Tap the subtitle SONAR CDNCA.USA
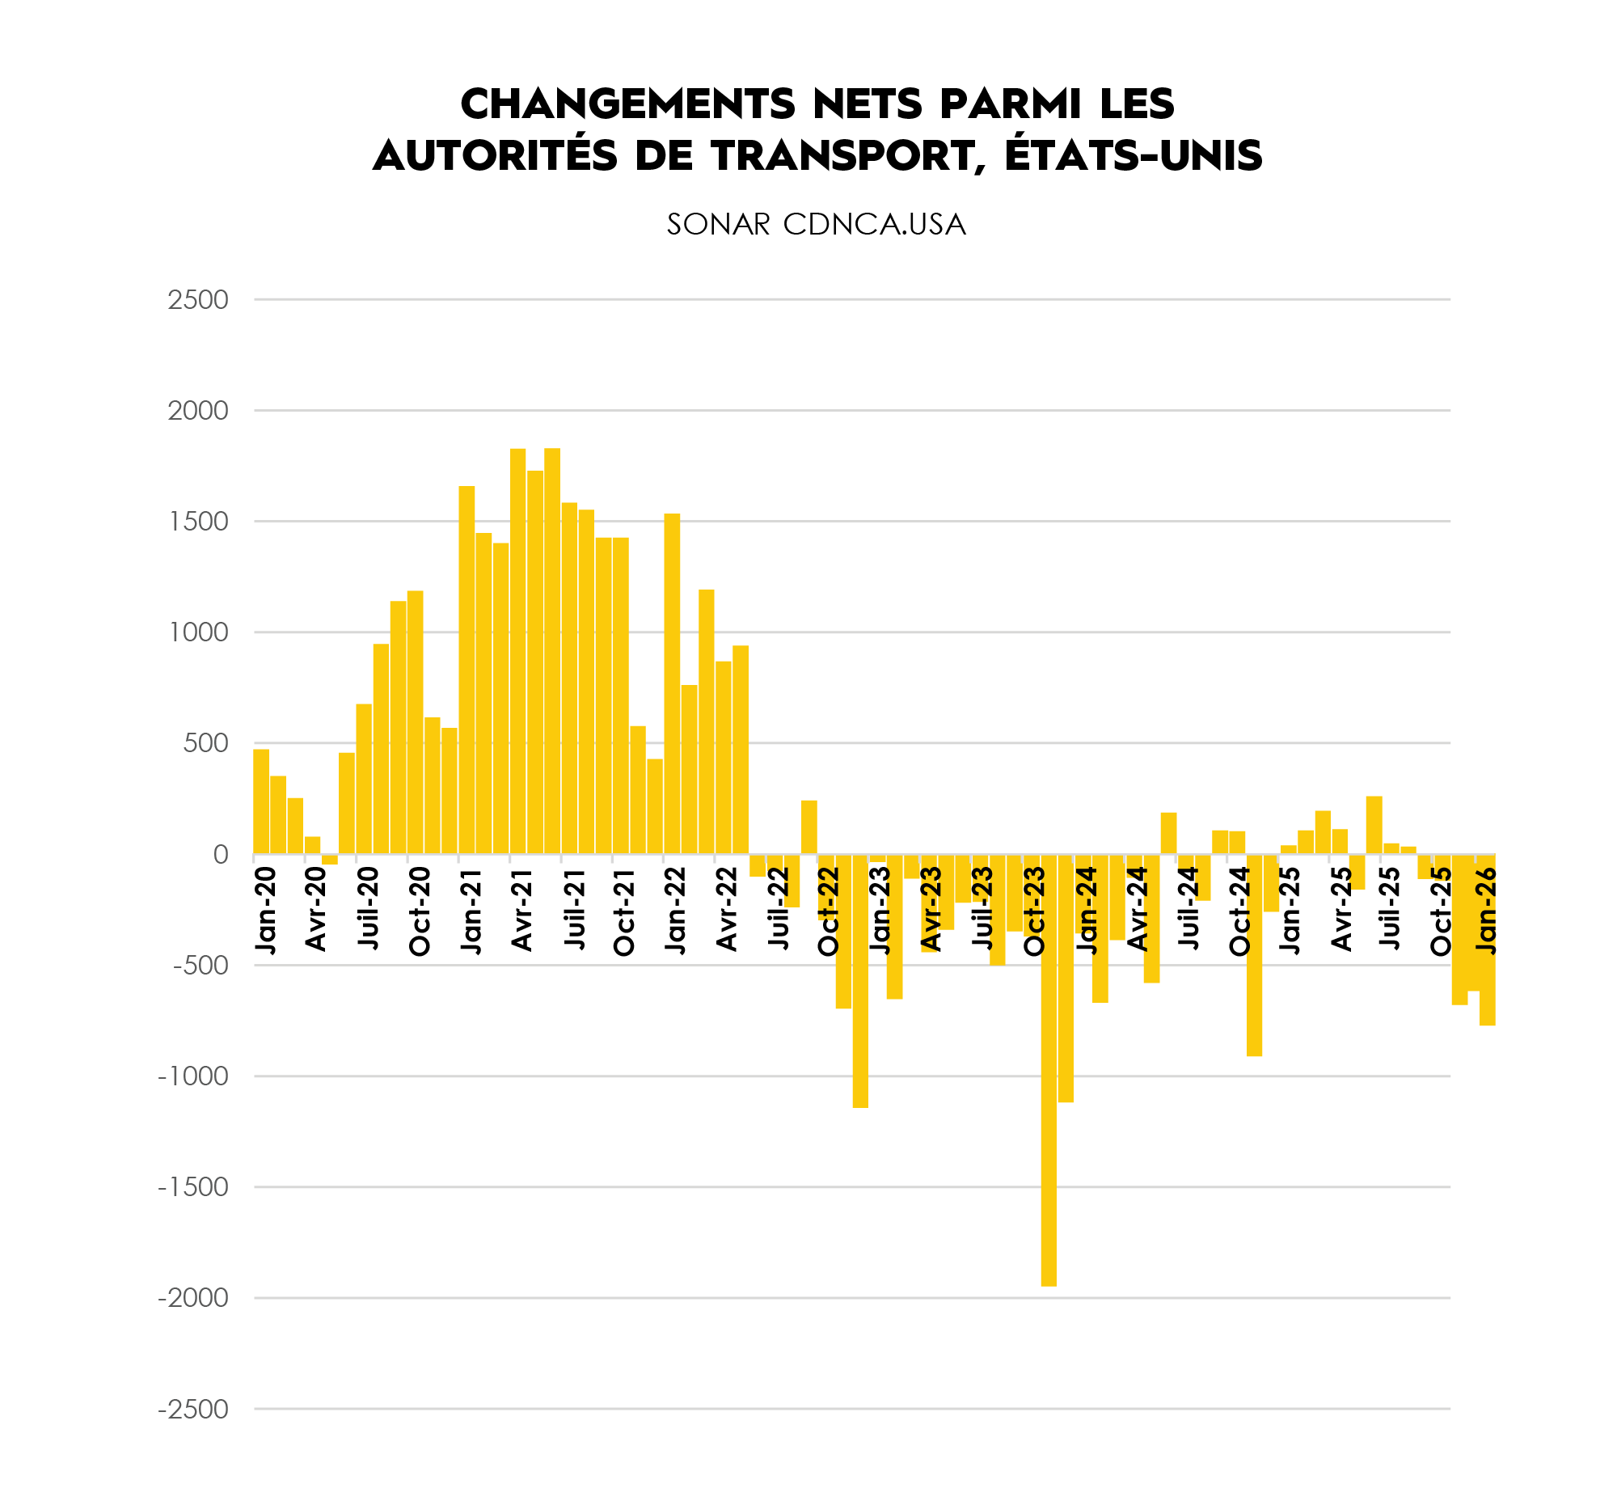coord(817,224)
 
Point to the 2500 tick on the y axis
coord(198,300)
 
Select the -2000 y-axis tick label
coord(193,1299)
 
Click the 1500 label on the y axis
coord(198,522)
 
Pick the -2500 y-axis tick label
coord(193,1410)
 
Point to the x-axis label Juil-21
coord(574,908)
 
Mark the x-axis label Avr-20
coord(316,908)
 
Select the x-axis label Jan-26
coord(1485,908)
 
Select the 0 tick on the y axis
coord(220,855)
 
